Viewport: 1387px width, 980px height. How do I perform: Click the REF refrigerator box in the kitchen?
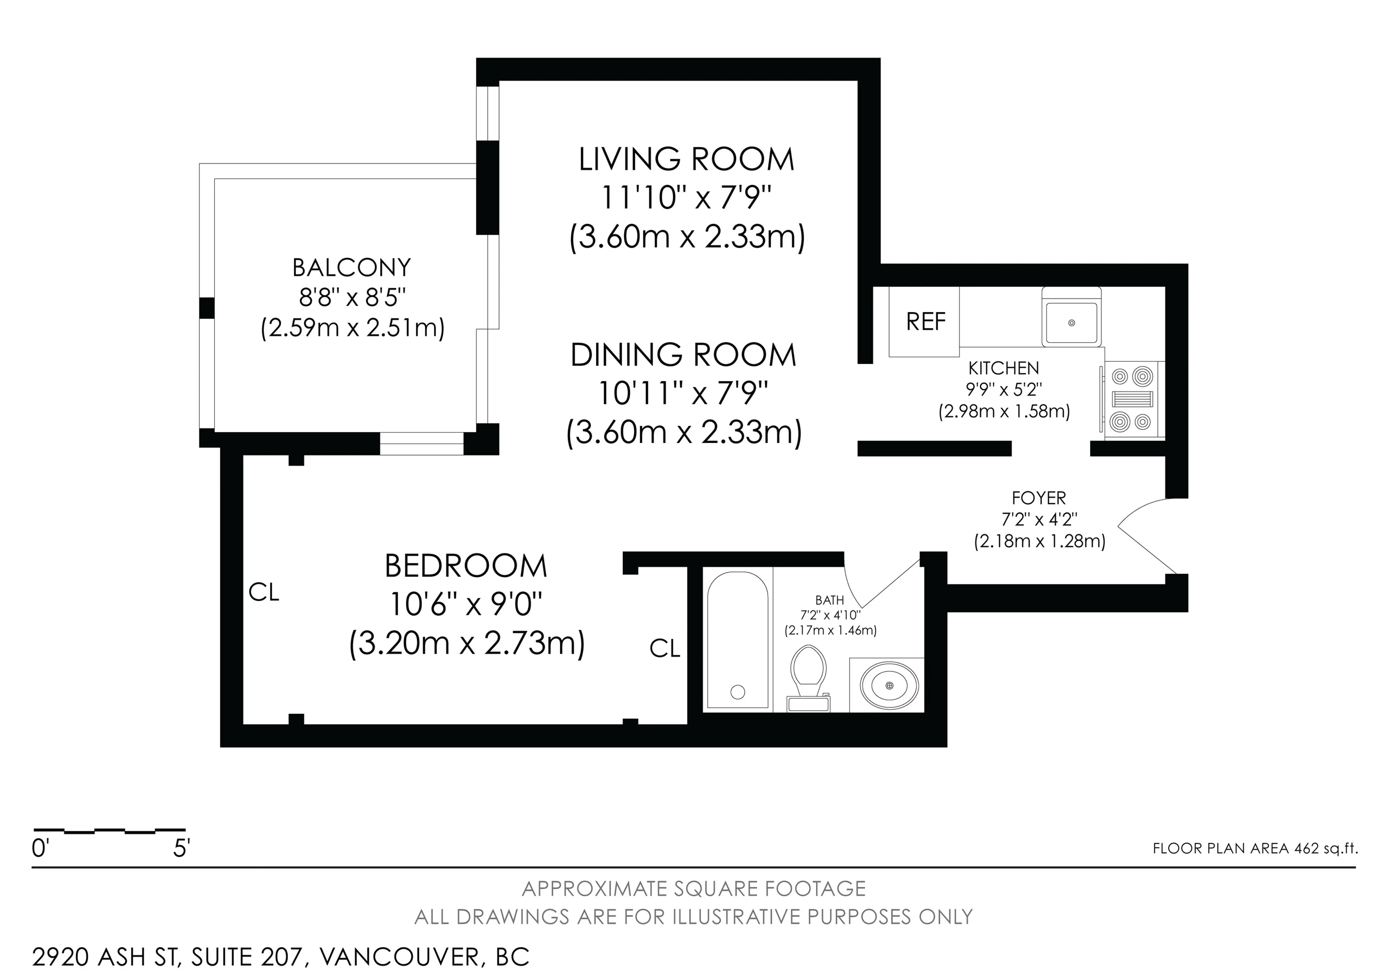[x=924, y=321]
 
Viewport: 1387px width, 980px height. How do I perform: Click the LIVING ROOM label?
[x=686, y=159]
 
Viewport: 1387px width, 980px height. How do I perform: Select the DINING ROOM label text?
[x=683, y=355]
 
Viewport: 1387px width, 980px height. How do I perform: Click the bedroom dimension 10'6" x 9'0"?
[x=466, y=604]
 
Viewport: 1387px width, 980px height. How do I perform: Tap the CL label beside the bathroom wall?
[x=665, y=649]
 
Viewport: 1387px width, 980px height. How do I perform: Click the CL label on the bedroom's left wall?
[x=264, y=593]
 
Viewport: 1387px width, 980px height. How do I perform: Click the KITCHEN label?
[x=1003, y=368]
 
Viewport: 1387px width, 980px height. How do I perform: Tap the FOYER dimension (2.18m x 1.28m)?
[x=1039, y=541]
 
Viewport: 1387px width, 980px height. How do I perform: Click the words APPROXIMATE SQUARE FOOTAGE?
[x=693, y=889]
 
